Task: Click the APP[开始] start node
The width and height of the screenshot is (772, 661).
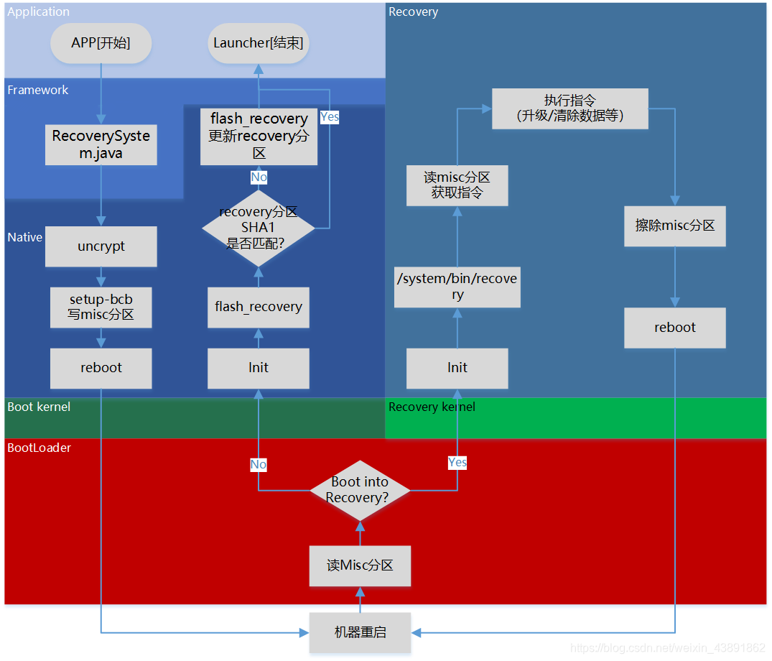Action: pos(101,43)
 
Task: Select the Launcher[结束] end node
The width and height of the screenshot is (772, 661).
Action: pos(259,43)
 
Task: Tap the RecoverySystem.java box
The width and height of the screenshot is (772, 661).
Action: pos(101,144)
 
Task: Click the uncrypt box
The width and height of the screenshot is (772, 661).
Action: pos(101,246)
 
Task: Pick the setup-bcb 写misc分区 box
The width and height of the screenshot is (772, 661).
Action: pos(101,307)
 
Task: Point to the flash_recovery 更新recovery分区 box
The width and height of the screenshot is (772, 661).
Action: pos(259,136)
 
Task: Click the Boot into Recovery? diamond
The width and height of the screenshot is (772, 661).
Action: pos(360,490)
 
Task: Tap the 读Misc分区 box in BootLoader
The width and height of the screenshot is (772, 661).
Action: pos(360,565)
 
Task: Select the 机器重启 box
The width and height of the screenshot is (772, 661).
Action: pos(360,632)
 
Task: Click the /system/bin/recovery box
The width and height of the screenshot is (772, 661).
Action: pos(457,287)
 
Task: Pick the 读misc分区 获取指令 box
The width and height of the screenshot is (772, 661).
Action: pos(457,185)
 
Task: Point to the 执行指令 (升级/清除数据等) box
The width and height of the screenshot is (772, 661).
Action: pos(570,108)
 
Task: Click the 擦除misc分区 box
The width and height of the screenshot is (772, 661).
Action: pos(675,226)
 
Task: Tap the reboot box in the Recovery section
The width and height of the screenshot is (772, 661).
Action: pos(675,328)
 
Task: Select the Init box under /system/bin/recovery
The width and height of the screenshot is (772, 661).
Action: pos(457,368)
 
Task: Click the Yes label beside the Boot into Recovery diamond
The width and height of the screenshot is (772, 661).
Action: pos(457,463)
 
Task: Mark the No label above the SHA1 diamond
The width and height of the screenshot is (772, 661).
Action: pos(259,177)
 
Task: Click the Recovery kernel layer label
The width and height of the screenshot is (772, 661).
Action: pos(432,407)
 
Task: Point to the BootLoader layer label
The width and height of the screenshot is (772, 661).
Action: pos(39,448)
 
